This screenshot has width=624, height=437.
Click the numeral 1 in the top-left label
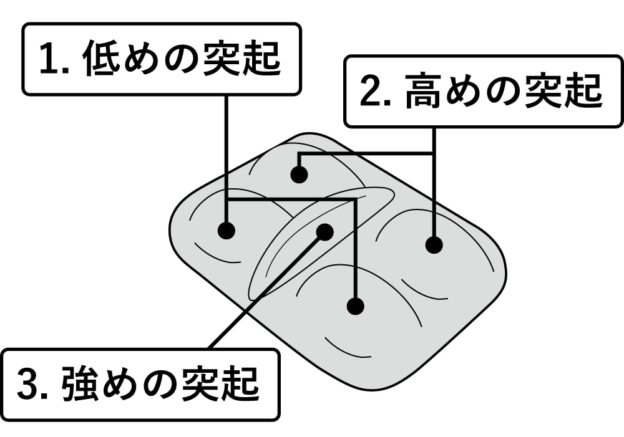coord(49,59)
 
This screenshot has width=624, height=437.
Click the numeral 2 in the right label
coord(371,92)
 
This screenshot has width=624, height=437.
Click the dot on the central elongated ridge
coord(324,232)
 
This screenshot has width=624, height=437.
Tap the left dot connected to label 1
coord(227,230)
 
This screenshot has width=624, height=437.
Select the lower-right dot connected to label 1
coord(355,305)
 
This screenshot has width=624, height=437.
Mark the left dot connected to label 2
coord(300,175)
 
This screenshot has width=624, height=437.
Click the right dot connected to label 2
coord(434,244)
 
